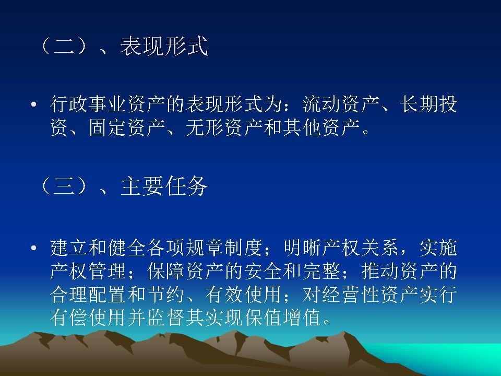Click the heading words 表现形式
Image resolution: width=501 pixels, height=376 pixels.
(164, 46)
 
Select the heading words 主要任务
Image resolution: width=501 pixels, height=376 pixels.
(164, 186)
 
